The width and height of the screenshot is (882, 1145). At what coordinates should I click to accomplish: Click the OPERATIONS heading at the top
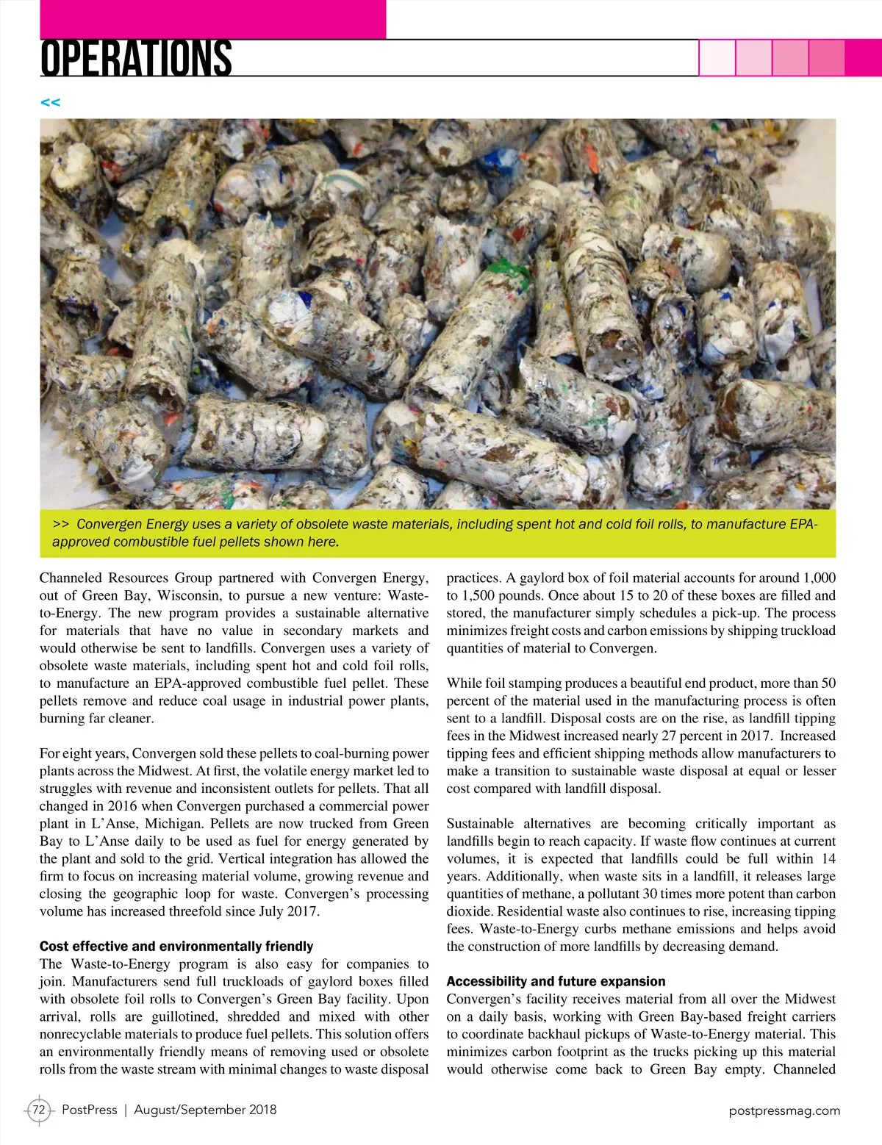coord(136,59)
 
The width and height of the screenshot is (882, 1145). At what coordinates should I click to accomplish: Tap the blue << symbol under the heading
coord(50,102)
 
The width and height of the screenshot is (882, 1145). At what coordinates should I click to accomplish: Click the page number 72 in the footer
coord(39,1110)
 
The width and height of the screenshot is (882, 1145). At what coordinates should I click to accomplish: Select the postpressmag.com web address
coord(784,1110)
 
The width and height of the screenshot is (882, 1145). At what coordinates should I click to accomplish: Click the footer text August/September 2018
coord(205,1110)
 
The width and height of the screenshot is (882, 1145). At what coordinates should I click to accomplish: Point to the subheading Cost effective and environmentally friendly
coord(176,947)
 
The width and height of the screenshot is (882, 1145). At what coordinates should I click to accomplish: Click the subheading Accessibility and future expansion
coord(556,982)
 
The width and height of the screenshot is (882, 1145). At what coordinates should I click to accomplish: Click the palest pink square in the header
coord(717,57)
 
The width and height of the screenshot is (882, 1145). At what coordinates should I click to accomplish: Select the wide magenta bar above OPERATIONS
coord(213,19)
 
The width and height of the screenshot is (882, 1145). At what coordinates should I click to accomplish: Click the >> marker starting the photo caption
coord(61,525)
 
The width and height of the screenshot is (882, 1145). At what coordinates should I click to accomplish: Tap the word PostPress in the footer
coord(89,1110)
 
